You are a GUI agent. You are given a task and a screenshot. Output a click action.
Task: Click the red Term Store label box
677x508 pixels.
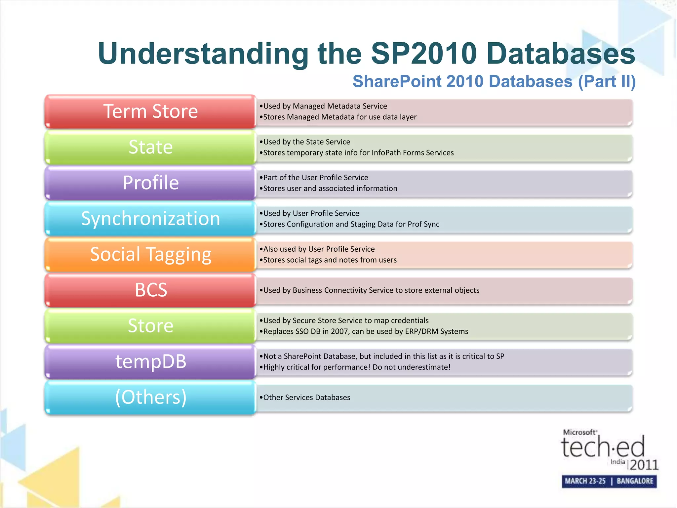click(x=150, y=111)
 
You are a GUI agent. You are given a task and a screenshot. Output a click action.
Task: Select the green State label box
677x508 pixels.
click(x=150, y=147)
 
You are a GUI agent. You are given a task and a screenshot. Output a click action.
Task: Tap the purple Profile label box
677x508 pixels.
click(x=150, y=183)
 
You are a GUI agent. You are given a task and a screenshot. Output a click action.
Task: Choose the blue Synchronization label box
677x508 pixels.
click(x=150, y=219)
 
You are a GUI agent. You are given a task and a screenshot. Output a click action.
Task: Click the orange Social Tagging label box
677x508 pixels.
click(x=150, y=254)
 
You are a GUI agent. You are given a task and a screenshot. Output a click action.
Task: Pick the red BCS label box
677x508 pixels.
click(x=150, y=290)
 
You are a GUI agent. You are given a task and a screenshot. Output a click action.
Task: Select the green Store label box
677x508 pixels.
click(x=150, y=326)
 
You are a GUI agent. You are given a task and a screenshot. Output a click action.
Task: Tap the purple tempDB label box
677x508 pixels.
click(x=150, y=361)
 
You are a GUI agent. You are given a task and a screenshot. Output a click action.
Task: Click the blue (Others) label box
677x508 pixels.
click(x=150, y=397)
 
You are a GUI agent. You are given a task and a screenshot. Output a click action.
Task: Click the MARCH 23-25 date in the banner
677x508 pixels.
click(x=585, y=481)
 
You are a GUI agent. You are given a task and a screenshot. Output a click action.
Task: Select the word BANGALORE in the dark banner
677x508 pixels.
click(x=635, y=481)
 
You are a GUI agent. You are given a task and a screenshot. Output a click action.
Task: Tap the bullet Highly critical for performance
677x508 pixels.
click(x=356, y=367)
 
